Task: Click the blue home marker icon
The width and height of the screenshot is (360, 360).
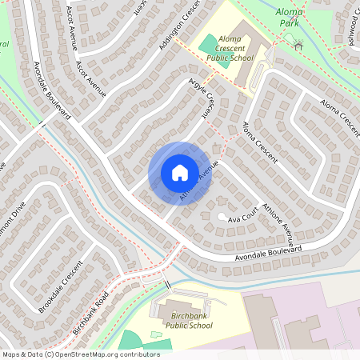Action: pyautogui.click(x=180, y=173)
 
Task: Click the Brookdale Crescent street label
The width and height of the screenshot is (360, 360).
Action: pyautogui.click(x=61, y=286)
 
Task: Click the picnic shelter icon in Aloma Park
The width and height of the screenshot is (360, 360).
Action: pyautogui.click(x=298, y=46)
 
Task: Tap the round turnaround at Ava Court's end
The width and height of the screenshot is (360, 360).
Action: pyautogui.click(x=222, y=217)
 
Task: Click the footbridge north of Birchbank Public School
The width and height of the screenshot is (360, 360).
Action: pyautogui.click(x=167, y=284)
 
